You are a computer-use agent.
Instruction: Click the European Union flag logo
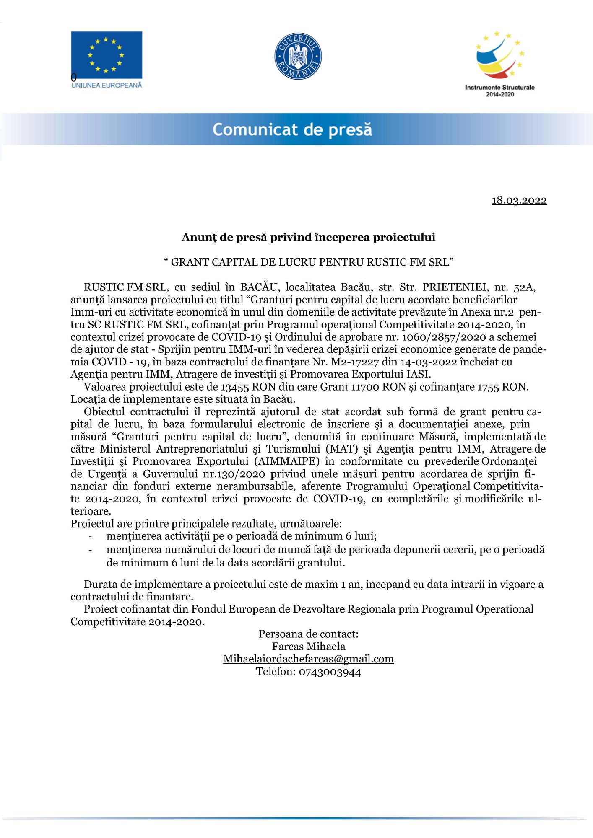coord(106,55)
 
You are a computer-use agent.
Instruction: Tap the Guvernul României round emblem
coord(298,56)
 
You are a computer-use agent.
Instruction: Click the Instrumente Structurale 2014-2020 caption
coord(499,91)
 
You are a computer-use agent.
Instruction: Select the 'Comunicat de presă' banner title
coord(292,129)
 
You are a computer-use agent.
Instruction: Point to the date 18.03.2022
coord(519,200)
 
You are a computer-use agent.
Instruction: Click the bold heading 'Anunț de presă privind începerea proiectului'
coord(308,237)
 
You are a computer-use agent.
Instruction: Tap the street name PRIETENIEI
coord(451,287)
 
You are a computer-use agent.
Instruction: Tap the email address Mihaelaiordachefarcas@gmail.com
coord(308,659)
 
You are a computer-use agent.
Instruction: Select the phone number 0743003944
coord(330,672)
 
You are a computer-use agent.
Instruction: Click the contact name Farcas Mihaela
coord(308,646)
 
